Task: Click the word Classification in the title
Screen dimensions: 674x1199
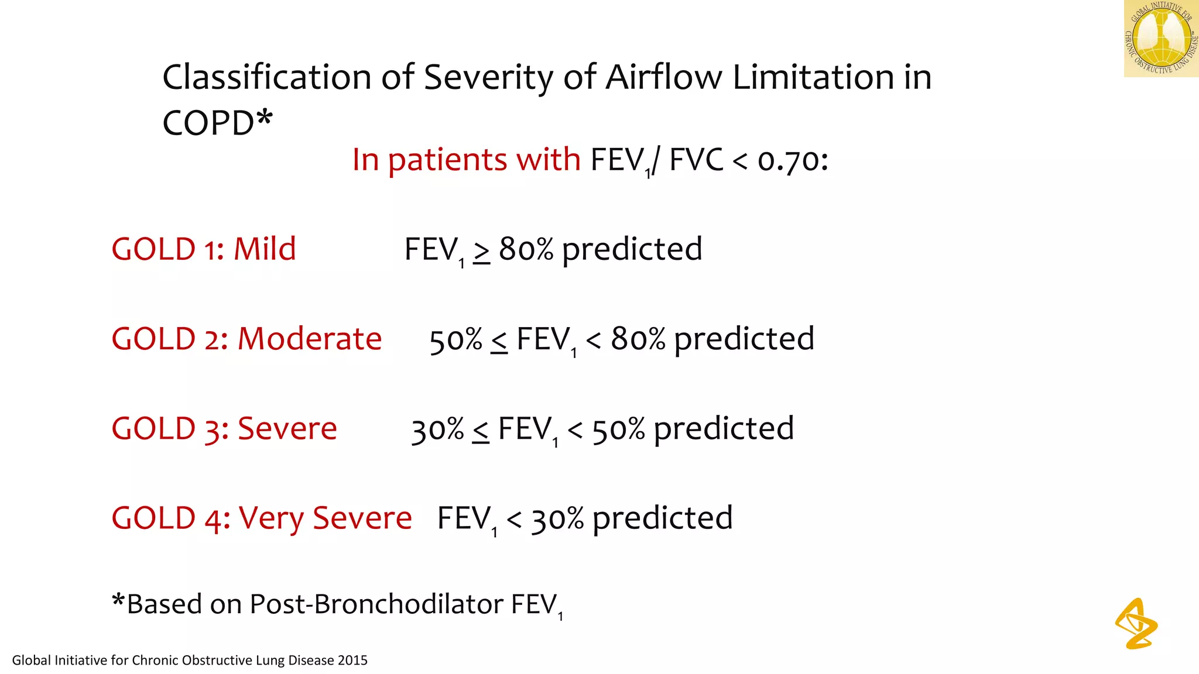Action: pos(267,78)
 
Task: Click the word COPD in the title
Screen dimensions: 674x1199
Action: pos(208,123)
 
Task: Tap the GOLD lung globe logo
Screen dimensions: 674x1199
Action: pos(1161,39)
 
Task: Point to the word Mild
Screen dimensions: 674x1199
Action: pos(265,249)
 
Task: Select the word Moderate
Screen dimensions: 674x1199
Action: pos(310,339)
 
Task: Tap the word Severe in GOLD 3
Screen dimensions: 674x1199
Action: pos(287,429)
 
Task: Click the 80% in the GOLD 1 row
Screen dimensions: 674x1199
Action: pos(526,249)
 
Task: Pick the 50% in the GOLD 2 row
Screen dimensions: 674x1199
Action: pos(455,340)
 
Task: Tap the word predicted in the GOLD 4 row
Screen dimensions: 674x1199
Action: pos(662,519)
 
